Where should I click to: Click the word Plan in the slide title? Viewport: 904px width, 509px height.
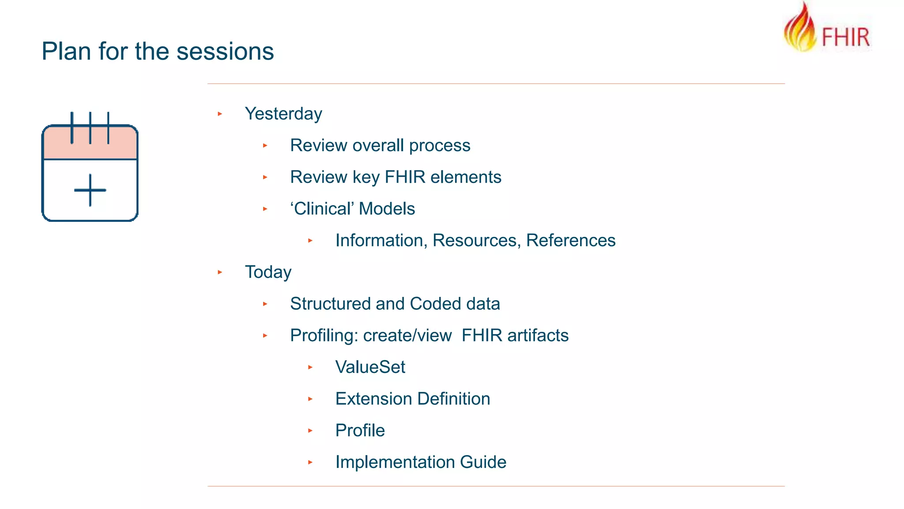[67, 51]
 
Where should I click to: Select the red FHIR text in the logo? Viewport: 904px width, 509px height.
[845, 37]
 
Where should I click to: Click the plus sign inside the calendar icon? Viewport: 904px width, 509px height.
[90, 190]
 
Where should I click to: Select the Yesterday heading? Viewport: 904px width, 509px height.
[283, 114]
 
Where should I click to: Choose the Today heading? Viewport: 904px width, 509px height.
[268, 272]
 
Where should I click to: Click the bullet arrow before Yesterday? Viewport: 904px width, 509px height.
[220, 114]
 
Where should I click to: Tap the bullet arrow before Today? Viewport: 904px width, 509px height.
[220, 272]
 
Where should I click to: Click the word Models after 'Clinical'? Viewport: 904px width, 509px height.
[387, 209]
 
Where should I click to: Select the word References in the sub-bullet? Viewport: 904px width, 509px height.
[571, 240]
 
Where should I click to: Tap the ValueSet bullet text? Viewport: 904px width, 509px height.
[370, 367]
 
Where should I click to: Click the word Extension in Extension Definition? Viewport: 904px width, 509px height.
[373, 399]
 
